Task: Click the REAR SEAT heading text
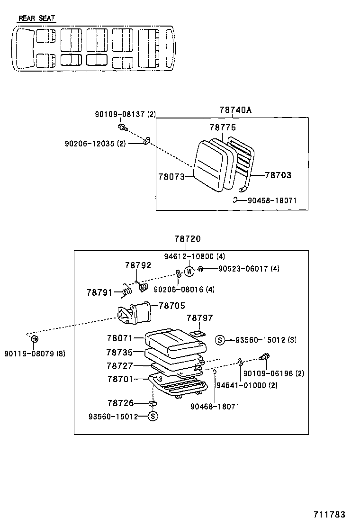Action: point(36,18)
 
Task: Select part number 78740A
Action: point(235,110)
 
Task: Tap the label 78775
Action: point(223,127)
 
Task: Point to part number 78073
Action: point(171,176)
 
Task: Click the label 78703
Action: point(278,175)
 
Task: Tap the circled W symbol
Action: point(189,272)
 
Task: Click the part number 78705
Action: point(171,306)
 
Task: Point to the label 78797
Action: point(199,318)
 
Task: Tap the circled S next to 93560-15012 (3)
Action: point(220,339)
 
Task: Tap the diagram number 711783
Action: point(328,515)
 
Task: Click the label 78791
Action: point(99,292)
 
